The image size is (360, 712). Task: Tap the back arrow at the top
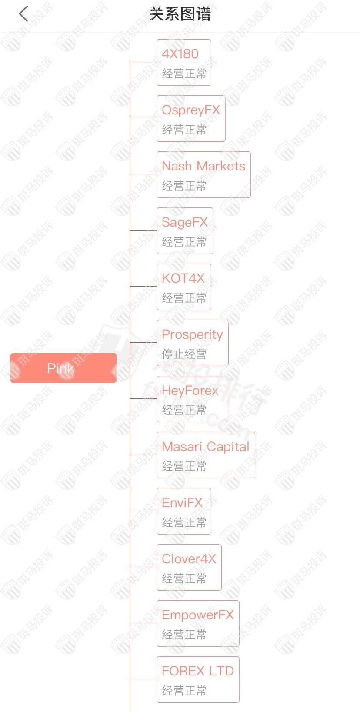click(x=23, y=14)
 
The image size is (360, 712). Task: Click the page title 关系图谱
click(x=180, y=14)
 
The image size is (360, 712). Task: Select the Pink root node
click(x=63, y=368)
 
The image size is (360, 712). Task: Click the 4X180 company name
click(x=180, y=54)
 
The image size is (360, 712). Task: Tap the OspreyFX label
click(x=191, y=110)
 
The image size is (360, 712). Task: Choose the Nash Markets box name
click(x=203, y=166)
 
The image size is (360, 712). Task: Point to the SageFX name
click(x=184, y=222)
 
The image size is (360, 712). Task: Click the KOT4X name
click(x=183, y=278)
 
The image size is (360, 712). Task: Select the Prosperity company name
click(x=192, y=334)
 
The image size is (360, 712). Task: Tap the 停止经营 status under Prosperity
click(x=184, y=354)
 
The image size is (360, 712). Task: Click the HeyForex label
click(x=190, y=391)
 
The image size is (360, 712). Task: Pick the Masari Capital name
click(x=205, y=447)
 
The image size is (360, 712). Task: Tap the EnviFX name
click(x=182, y=503)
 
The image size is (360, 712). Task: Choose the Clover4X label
click(x=189, y=559)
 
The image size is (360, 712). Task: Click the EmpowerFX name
click(x=197, y=615)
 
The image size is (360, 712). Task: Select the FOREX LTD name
click(x=197, y=671)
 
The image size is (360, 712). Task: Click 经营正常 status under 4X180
click(x=184, y=74)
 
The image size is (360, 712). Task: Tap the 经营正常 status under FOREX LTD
click(x=184, y=691)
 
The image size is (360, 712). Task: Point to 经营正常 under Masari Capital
click(x=184, y=466)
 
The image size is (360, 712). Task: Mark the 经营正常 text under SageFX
click(x=184, y=242)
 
